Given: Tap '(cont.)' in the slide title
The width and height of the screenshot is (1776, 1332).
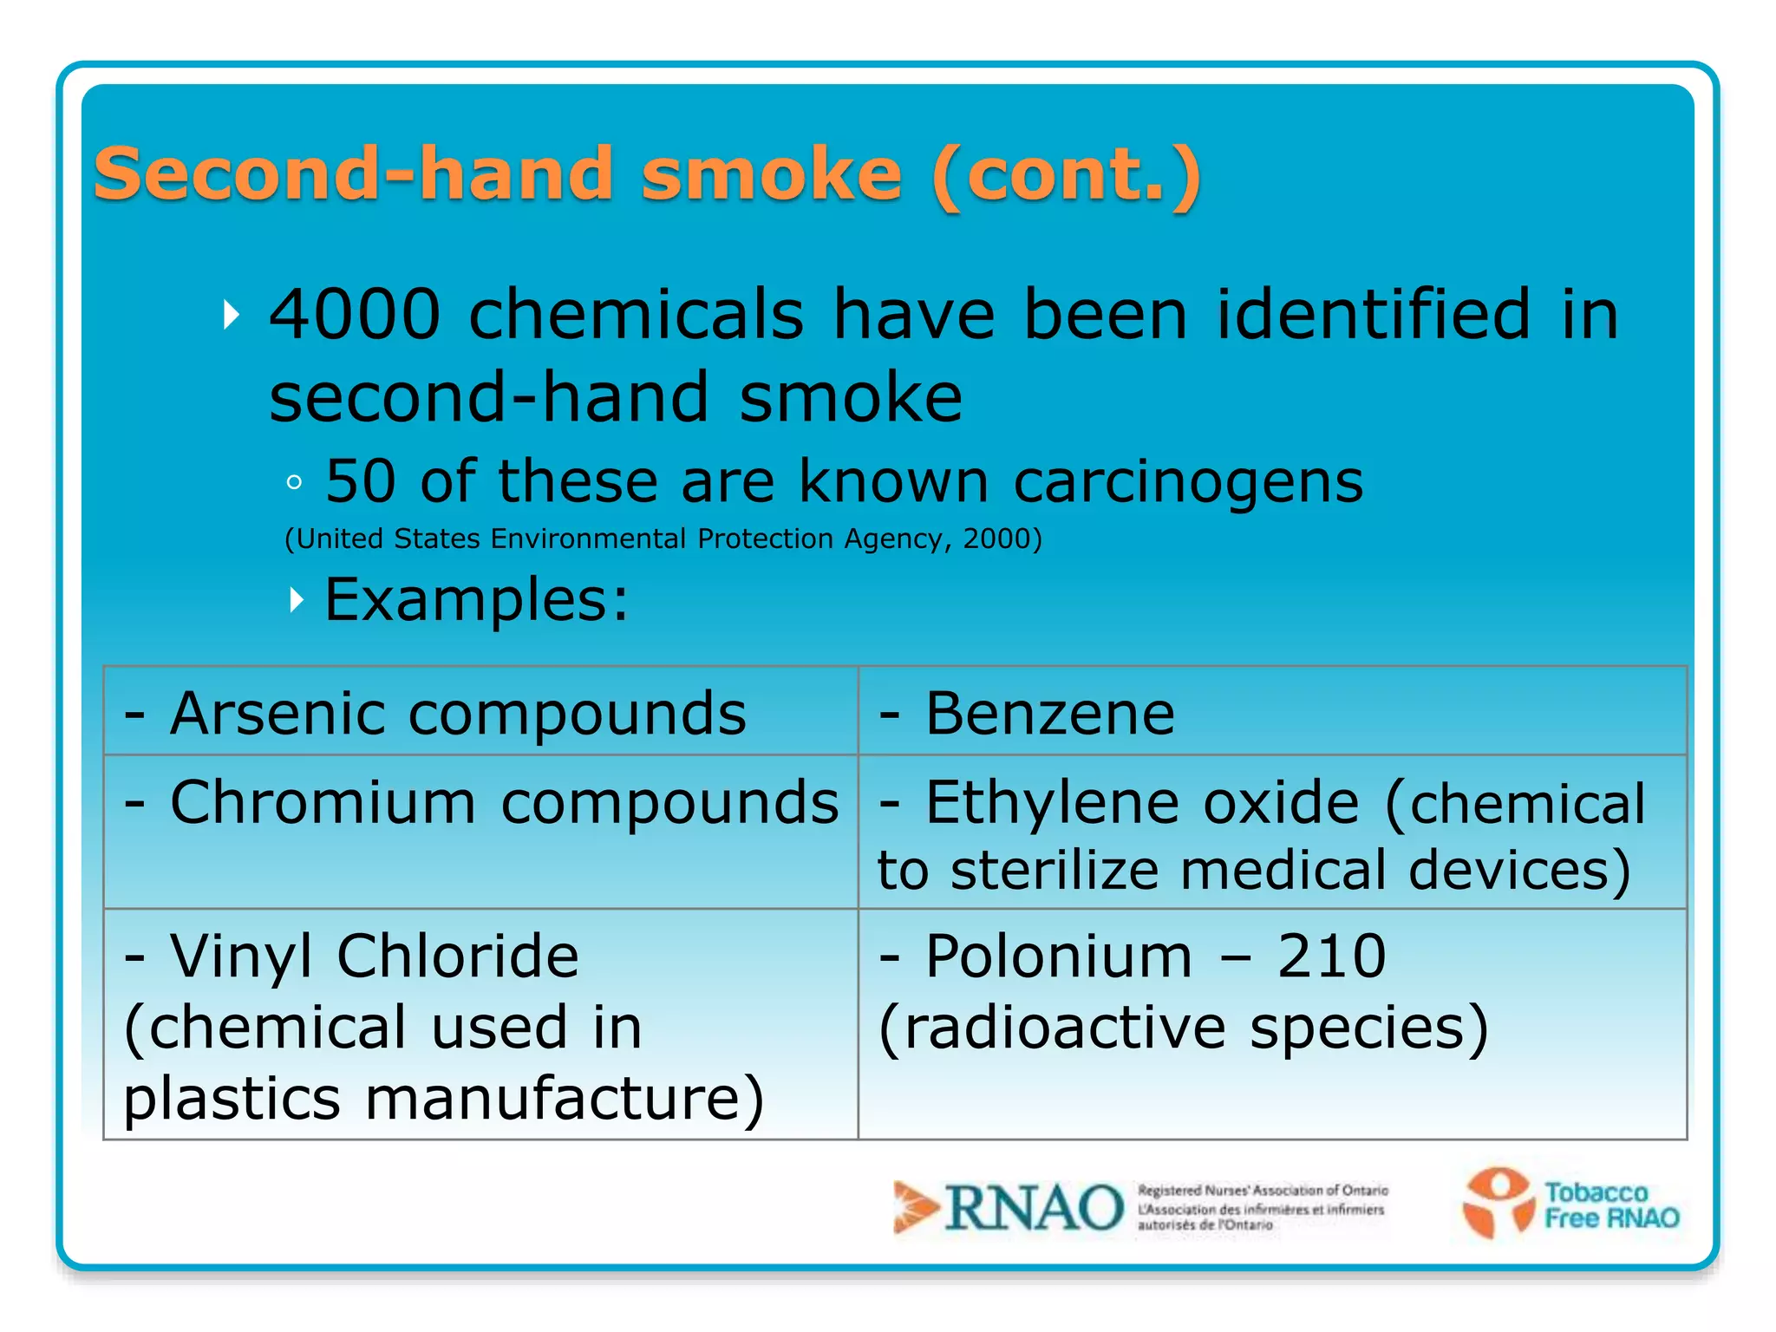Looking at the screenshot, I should tap(1067, 175).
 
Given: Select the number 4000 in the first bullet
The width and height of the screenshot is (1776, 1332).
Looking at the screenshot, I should tap(356, 314).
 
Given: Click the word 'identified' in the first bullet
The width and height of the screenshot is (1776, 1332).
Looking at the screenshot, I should tap(1374, 314).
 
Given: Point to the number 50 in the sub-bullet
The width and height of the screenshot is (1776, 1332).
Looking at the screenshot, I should tap(361, 481).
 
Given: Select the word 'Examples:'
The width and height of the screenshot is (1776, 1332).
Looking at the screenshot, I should tap(476, 600).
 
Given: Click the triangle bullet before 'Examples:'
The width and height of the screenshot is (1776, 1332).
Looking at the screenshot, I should tap(297, 599).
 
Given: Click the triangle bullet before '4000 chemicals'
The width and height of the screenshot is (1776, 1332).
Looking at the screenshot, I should tap(231, 314).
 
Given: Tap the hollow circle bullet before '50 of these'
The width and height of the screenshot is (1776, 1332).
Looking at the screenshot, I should tap(294, 483).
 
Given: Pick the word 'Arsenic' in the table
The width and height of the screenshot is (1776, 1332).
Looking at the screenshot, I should tap(278, 714).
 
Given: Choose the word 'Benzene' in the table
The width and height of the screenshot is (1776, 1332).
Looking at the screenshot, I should tap(1050, 714).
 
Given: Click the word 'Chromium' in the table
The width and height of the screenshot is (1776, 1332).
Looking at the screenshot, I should tap(323, 802).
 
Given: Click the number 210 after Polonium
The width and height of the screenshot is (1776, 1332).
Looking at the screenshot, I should tap(1331, 956).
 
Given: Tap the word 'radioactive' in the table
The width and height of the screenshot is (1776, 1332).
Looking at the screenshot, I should tap(1065, 1028).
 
